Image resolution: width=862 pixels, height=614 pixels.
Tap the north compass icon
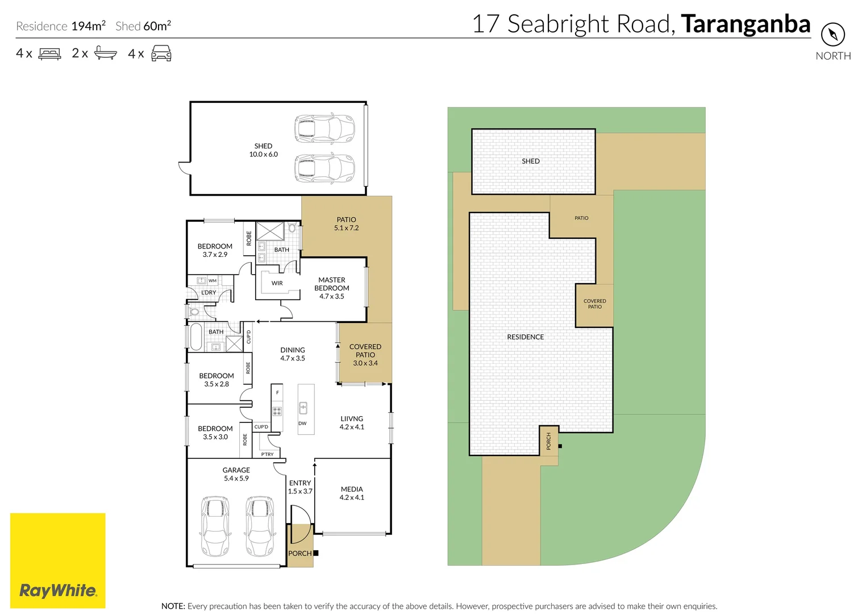[832, 35]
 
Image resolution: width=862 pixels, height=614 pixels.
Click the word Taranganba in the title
[746, 24]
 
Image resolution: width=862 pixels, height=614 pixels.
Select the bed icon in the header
[49, 54]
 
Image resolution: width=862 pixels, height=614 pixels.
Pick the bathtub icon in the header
[105, 53]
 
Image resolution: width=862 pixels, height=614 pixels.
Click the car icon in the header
[161, 53]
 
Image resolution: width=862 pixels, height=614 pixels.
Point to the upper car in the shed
[324, 128]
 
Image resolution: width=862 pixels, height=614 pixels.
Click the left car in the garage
[215, 526]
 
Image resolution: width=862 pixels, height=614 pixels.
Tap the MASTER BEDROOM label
[332, 288]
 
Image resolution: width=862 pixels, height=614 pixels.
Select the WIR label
[277, 283]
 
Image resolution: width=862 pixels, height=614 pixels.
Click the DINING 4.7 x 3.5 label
[293, 354]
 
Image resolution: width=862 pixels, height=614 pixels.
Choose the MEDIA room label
[352, 493]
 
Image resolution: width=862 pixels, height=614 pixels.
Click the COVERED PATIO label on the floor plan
[365, 354]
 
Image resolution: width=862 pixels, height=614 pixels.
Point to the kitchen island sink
[303, 408]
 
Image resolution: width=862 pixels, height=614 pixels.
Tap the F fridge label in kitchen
[277, 392]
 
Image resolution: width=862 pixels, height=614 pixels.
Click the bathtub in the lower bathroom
[195, 337]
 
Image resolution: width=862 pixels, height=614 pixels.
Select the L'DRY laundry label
[209, 292]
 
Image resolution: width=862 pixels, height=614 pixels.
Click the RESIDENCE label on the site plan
[525, 337]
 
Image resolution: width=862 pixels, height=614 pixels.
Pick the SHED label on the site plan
[530, 161]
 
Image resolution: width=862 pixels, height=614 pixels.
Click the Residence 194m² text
[61, 26]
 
